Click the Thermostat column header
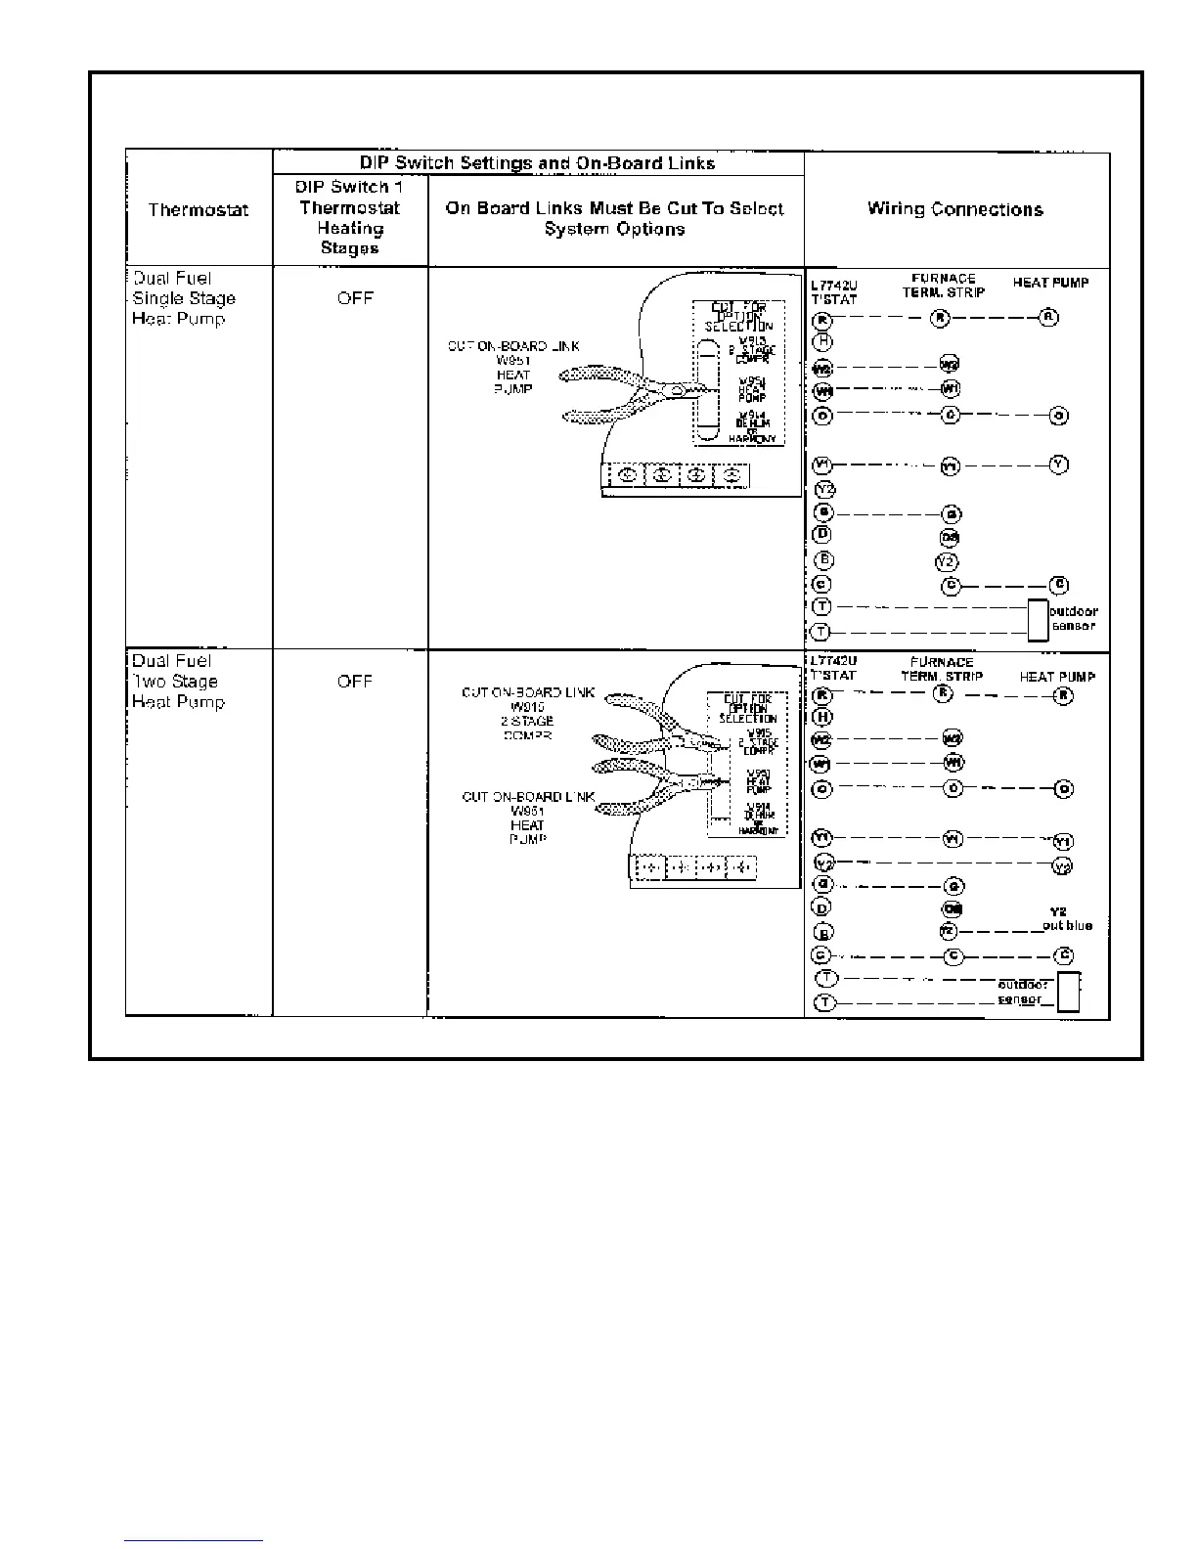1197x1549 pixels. (x=199, y=209)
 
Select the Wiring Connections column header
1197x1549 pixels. (x=954, y=209)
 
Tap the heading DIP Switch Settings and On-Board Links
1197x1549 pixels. (x=537, y=163)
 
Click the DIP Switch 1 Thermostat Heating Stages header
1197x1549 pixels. (x=349, y=217)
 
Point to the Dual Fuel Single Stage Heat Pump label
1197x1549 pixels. (x=183, y=298)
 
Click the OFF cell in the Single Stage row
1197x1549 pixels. (x=355, y=298)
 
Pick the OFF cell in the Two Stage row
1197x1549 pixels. (x=354, y=682)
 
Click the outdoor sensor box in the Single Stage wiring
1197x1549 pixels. (x=1037, y=620)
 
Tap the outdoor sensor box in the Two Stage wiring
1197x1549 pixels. (x=1069, y=992)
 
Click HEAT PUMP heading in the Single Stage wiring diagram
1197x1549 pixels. (x=1050, y=284)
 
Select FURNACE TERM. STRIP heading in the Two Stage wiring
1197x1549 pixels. (x=942, y=669)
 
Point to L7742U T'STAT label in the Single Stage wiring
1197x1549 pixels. (x=833, y=292)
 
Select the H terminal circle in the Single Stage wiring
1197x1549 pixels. (x=823, y=341)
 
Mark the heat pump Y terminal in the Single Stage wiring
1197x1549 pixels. (x=1058, y=465)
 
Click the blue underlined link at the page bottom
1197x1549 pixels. (x=194, y=1540)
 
